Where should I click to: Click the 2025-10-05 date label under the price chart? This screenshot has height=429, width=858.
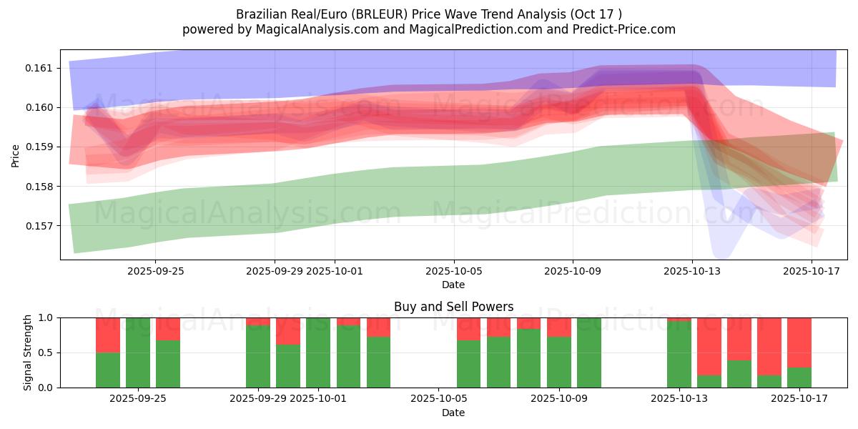pos(453,271)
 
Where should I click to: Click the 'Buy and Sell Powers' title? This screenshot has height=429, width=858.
pos(453,307)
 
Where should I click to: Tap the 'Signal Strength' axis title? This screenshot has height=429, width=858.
pos(28,352)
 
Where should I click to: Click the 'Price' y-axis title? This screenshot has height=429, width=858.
pos(16,155)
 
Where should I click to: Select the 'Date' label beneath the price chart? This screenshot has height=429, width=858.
pos(453,285)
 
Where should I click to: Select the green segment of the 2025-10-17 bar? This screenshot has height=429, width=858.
pos(799,378)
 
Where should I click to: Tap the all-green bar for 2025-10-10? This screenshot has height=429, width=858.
pos(589,352)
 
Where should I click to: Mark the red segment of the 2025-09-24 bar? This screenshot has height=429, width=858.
pos(108,335)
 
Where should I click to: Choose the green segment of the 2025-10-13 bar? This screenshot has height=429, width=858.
pos(679,355)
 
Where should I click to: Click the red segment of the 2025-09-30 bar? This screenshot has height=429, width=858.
pos(288,331)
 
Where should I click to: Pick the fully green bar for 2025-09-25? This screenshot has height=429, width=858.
pos(138,352)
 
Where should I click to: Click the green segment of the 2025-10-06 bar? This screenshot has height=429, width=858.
pos(469,364)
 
